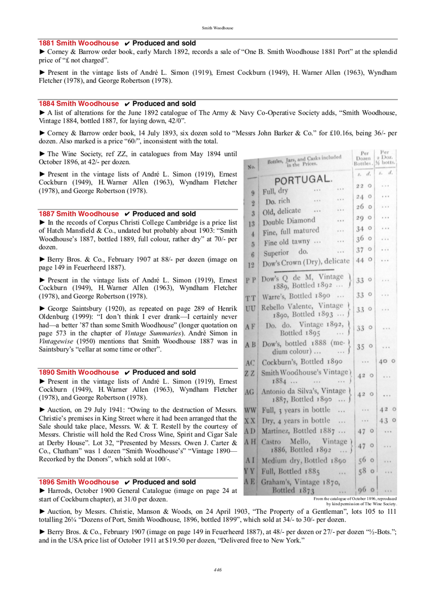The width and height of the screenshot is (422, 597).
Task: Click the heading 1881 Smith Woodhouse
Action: point(79,43)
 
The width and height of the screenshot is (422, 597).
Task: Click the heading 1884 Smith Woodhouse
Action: point(79,104)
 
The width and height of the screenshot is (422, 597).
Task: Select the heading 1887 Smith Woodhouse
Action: point(79,214)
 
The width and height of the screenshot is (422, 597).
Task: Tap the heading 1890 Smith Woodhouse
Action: point(79,372)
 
